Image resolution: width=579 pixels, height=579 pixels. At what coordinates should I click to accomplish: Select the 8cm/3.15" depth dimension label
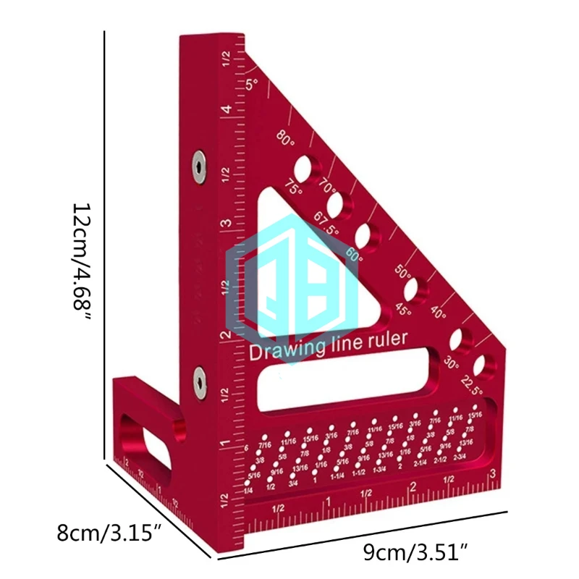point(109,535)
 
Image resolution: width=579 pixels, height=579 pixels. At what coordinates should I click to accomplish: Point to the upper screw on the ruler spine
point(199,168)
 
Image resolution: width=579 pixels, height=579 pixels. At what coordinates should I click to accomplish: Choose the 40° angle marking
point(439,313)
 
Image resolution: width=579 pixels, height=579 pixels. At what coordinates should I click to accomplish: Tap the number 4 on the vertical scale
point(227,109)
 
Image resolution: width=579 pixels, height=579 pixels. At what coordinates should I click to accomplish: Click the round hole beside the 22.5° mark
point(481,365)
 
